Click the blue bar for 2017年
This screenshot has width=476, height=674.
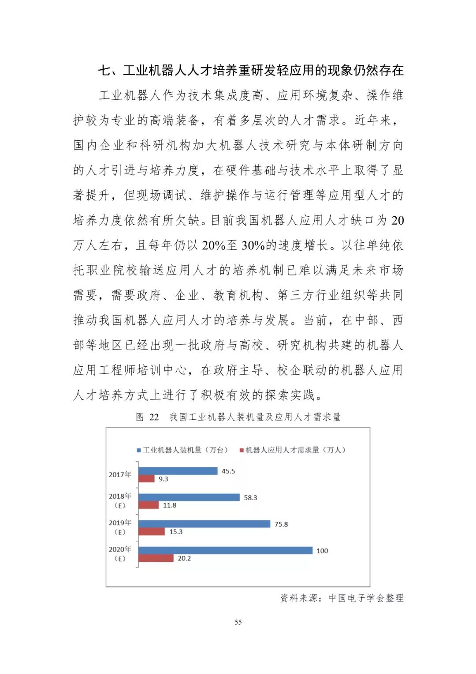click(178, 471)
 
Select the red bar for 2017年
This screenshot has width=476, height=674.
click(146, 479)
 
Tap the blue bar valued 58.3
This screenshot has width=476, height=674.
click(189, 497)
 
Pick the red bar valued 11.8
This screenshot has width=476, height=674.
click(149, 505)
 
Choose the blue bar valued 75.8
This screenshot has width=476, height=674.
click(205, 524)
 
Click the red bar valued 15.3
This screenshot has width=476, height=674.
click(152, 532)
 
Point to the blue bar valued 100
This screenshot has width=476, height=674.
click(226, 550)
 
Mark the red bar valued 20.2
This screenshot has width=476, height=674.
click(156, 558)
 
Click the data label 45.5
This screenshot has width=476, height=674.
click(228, 471)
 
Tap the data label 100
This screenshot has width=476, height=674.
click(322, 551)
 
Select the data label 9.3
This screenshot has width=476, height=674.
click(164, 479)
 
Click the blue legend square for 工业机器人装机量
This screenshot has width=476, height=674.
click(139, 450)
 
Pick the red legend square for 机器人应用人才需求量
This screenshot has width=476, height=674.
click(242, 450)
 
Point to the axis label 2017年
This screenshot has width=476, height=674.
click(120, 474)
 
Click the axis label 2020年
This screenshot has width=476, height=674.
click(120, 550)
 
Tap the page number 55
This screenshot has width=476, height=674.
click(238, 622)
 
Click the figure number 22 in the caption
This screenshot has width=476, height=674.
click(154, 417)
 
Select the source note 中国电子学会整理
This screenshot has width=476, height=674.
click(366, 598)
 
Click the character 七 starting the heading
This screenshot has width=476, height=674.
click(104, 71)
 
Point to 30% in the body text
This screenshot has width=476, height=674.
click(253, 245)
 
